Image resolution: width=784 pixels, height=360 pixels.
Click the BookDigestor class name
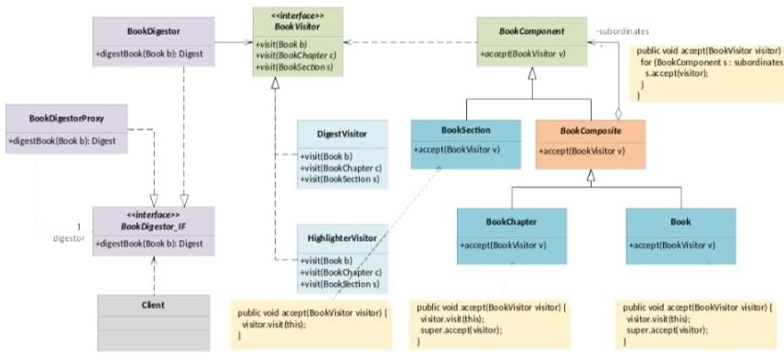(x=153, y=31)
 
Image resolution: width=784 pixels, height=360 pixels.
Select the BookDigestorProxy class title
(x=66, y=118)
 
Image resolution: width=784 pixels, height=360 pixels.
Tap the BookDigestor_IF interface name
(x=153, y=224)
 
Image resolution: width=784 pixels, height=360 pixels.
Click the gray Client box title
(x=153, y=304)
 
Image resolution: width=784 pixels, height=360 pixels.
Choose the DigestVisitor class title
(x=342, y=134)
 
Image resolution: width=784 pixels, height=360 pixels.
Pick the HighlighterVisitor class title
(x=342, y=239)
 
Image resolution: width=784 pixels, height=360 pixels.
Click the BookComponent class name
(x=531, y=31)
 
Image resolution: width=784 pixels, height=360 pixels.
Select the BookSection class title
(x=465, y=130)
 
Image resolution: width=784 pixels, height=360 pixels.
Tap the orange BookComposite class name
(x=590, y=131)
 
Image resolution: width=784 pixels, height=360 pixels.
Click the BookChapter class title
(x=511, y=222)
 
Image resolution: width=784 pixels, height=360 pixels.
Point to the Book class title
(x=681, y=222)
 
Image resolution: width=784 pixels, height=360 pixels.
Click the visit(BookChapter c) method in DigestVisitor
(x=342, y=168)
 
